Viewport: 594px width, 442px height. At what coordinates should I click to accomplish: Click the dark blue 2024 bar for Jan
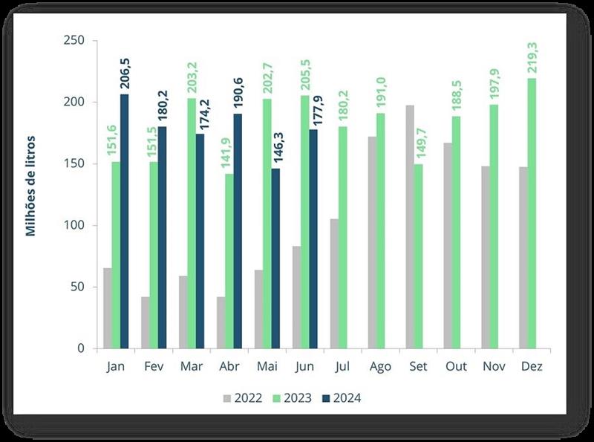click(125, 221)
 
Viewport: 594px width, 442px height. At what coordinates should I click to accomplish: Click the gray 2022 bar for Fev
click(146, 322)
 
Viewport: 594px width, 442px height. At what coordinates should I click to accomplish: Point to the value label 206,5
click(124, 75)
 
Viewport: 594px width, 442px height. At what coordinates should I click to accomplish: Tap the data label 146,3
click(275, 149)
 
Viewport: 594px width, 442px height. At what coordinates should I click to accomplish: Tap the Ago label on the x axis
click(380, 367)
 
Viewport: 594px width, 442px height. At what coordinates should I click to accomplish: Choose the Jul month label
click(342, 367)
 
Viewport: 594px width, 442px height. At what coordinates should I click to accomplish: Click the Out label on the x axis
click(455, 367)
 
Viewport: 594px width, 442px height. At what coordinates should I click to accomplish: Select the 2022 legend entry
click(242, 398)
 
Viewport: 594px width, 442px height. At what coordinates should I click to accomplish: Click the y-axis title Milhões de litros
click(31, 186)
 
